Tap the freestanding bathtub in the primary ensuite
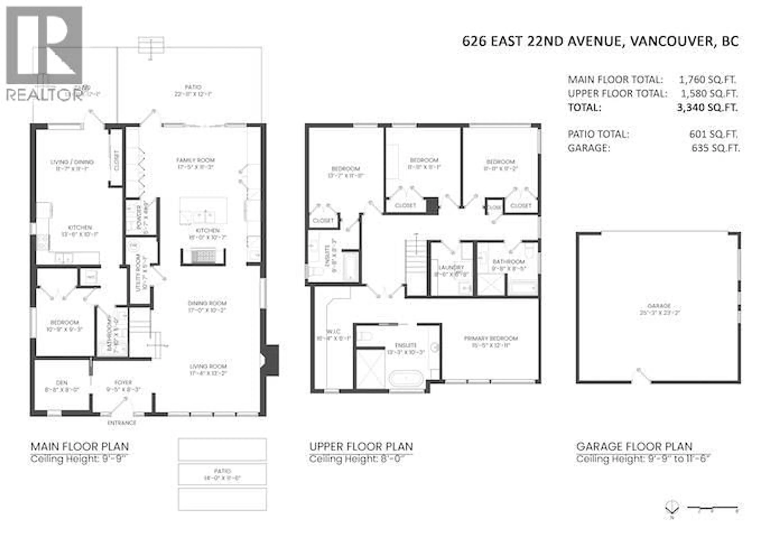click(x=406, y=378)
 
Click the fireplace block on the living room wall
click(x=271, y=360)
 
